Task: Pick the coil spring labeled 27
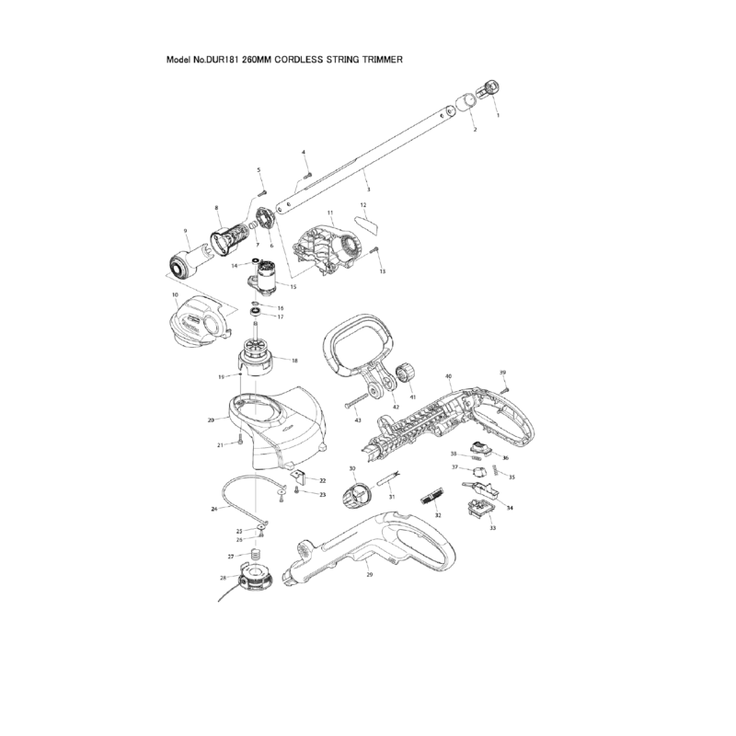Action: click(x=257, y=555)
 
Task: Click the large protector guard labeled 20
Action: click(x=276, y=424)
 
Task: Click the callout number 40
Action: click(x=448, y=377)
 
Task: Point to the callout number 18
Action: click(x=293, y=360)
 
